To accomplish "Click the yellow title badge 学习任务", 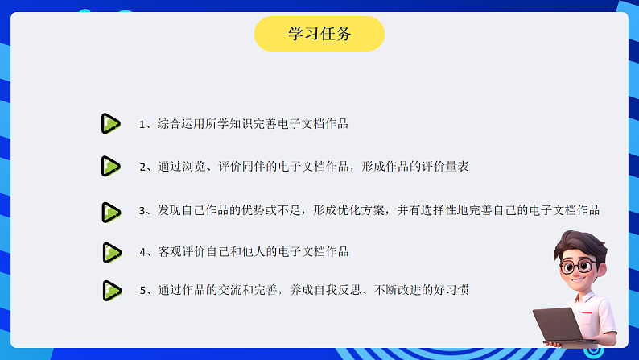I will tap(319, 34).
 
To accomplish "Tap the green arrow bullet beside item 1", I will tap(110, 124).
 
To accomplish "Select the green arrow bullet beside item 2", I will tap(110, 167).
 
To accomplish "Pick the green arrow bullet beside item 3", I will tap(110, 212).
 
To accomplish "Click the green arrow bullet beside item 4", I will tap(111, 252).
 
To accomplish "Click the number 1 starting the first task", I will tap(142, 125).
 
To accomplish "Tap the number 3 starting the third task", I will tap(142, 211).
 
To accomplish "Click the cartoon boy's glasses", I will tap(577, 266).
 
